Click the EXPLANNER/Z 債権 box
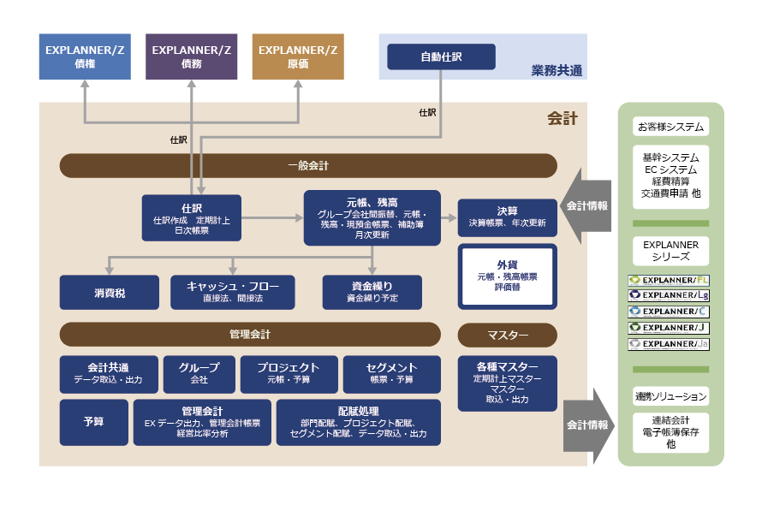tap(85, 56)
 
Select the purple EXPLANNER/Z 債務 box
tap(192, 56)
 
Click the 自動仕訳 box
tap(441, 56)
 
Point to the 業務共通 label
tap(557, 70)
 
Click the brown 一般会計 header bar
tap(308, 165)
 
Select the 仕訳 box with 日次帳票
tap(192, 219)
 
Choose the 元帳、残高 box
tap(372, 217)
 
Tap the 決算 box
tap(507, 217)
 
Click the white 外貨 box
tap(508, 276)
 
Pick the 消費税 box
tap(109, 293)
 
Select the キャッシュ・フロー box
tap(232, 292)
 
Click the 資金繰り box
tap(372, 292)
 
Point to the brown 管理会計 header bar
tap(249, 334)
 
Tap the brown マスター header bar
tap(508, 334)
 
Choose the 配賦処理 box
tap(358, 422)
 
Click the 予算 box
tap(93, 422)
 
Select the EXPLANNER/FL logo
tap(669, 280)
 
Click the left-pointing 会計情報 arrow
tap(586, 206)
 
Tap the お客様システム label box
tap(670, 127)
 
